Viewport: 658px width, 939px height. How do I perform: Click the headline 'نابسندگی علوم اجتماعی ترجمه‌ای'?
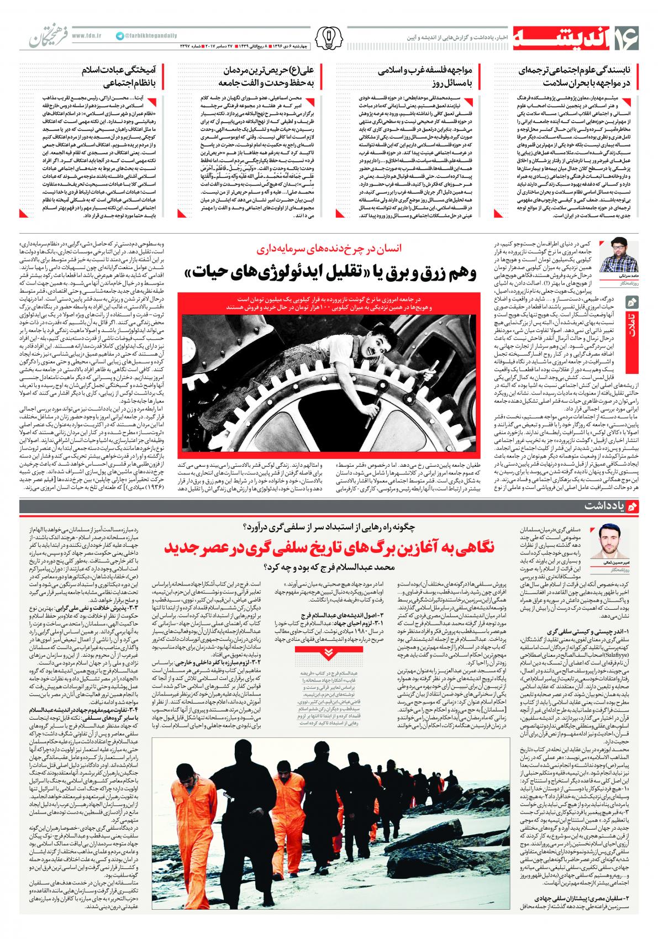coord(577,77)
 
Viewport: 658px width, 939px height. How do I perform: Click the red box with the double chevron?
coord(329,652)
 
